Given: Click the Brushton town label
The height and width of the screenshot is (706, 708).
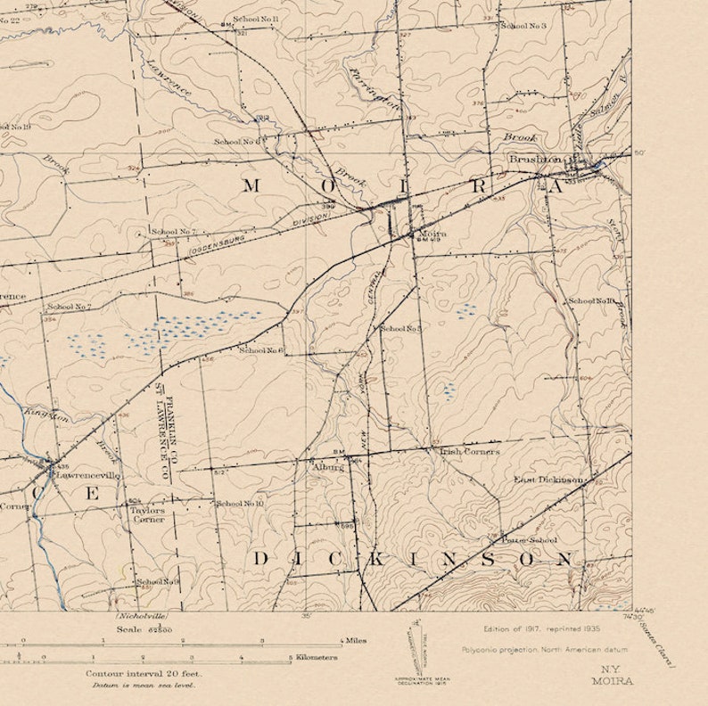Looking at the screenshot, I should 535,159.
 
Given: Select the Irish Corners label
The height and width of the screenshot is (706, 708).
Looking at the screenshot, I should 469,452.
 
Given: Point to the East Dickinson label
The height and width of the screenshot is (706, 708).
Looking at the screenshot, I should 547,480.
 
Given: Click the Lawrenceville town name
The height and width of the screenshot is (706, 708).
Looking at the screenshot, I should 86,475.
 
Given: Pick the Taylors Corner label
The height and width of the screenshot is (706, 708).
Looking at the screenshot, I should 148,514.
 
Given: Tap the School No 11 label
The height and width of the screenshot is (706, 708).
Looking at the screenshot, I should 255,19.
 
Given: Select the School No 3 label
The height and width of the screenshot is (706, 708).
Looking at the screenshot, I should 523,26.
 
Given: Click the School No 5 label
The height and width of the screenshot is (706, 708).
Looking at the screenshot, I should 400,329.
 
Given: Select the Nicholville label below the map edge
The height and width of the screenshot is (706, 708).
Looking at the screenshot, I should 141,616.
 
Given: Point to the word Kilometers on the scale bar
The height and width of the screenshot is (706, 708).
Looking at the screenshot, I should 316,658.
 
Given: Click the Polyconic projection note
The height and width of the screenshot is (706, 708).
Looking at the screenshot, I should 544,649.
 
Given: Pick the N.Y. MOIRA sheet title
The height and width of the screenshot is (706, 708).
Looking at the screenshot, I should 612,676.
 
